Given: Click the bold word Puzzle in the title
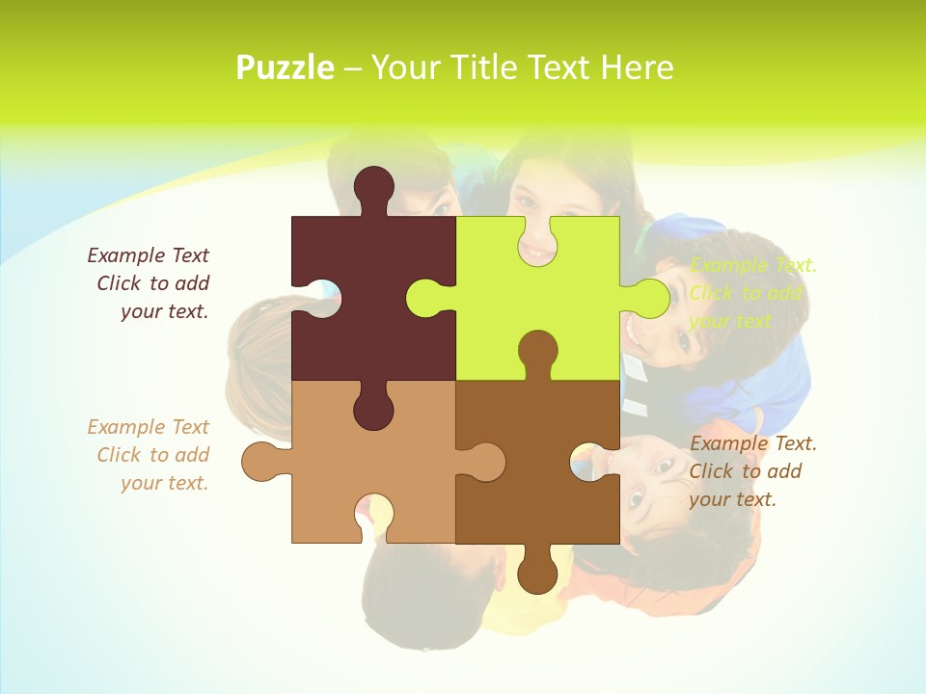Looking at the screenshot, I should pyautogui.click(x=286, y=67).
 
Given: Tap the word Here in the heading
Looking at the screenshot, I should pyautogui.click(x=636, y=67).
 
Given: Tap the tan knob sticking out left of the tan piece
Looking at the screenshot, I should pyautogui.click(x=261, y=462).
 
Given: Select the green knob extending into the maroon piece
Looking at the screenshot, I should pyautogui.click(x=425, y=298).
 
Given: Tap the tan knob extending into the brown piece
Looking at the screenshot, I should pyautogui.click(x=485, y=462).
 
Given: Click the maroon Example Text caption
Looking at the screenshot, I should pyautogui.click(x=150, y=283).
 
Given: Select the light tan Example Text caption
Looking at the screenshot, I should pyautogui.click(x=150, y=455).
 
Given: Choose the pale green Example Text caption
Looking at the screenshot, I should pyautogui.click(x=752, y=293).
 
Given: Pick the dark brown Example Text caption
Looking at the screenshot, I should pyautogui.click(x=752, y=471).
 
